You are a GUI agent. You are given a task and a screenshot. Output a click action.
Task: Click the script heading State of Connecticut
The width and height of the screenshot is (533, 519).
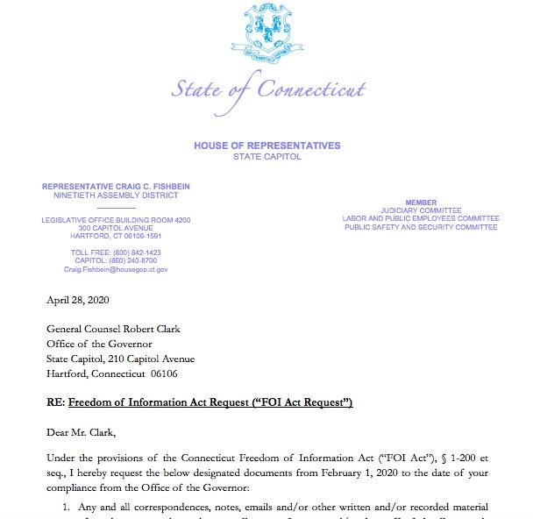pos(267,89)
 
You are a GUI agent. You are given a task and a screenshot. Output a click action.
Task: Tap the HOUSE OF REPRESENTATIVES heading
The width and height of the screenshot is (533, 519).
pos(267,146)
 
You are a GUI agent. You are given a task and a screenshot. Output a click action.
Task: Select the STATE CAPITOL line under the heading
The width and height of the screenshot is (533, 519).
pos(267,157)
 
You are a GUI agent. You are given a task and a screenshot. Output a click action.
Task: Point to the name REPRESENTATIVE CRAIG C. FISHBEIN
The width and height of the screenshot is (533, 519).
pos(117,187)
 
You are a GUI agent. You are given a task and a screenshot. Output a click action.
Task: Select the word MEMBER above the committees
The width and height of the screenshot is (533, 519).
pos(421,203)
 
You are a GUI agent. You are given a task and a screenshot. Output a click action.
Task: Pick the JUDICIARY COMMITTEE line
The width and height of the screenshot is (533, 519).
pos(421,210)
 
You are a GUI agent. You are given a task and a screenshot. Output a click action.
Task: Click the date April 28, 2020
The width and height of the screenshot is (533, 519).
pos(79,300)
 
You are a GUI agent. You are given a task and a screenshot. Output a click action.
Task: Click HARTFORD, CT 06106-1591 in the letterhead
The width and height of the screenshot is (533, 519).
pos(117,236)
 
